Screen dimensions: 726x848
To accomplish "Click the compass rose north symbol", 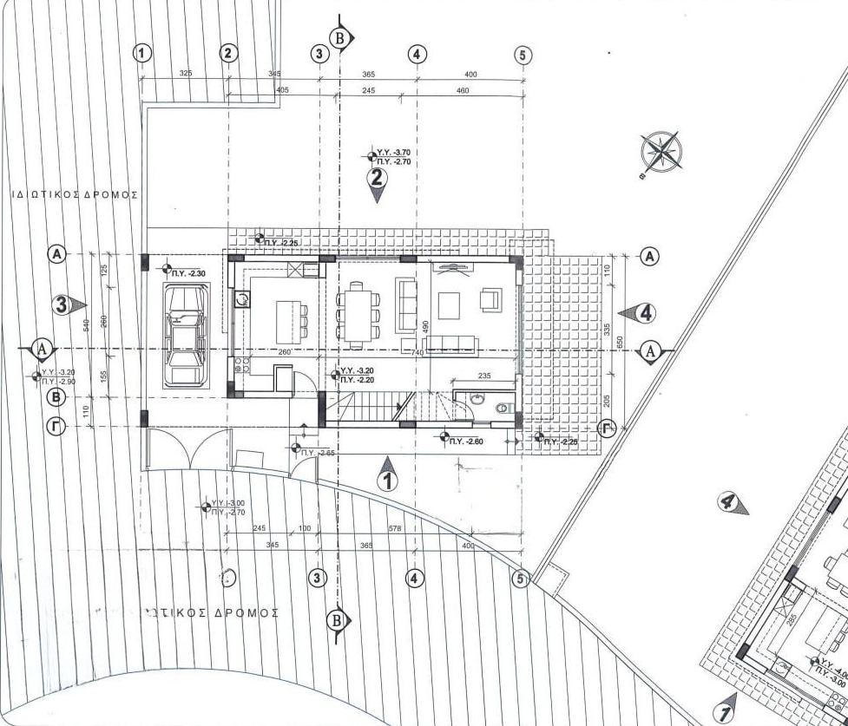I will [x=661, y=151].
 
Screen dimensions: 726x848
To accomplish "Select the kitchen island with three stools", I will [x=293, y=313].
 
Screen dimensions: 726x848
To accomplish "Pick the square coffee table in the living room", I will [x=450, y=306].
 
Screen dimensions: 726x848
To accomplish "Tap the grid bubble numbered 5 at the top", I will [x=522, y=55].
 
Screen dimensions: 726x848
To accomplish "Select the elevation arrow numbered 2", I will [x=377, y=181].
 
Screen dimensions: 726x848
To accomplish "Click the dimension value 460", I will [x=462, y=91].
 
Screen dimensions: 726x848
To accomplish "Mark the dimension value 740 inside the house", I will [x=417, y=354].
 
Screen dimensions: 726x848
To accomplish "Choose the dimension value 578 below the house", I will [x=394, y=528].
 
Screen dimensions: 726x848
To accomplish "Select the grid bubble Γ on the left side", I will [x=56, y=427].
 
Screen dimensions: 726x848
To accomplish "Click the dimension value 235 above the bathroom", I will [x=485, y=376].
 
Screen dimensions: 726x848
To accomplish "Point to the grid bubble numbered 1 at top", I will [x=142, y=53].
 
